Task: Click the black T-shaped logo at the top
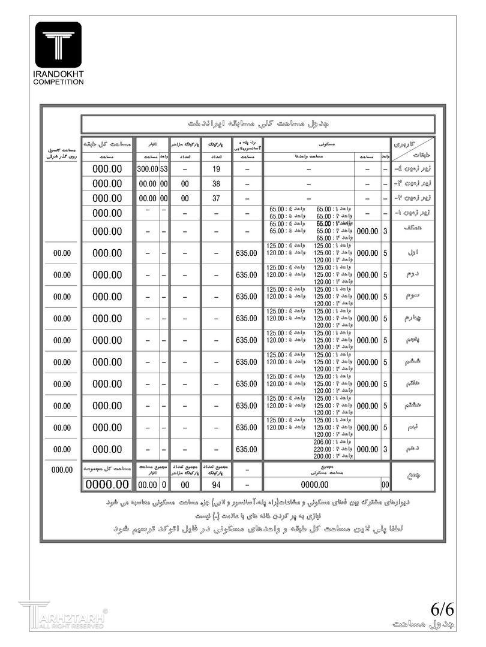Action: pyautogui.click(x=58, y=44)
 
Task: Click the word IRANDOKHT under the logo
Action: pyautogui.click(x=58, y=74)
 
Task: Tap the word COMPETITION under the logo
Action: pyautogui.click(x=58, y=81)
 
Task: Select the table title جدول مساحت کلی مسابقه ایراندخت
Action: pyautogui.click(x=258, y=124)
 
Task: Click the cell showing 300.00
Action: pyautogui.click(x=147, y=170)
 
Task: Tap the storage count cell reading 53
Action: pyautogui.click(x=164, y=170)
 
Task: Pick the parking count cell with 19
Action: pyautogui.click(x=217, y=170)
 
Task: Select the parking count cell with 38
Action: pyautogui.click(x=217, y=184)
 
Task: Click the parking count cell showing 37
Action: pyautogui.click(x=217, y=198)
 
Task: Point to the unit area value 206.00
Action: pyautogui.click(x=325, y=442)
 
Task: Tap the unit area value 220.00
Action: pyautogui.click(x=325, y=449)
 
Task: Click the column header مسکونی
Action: pyautogui.click(x=327, y=144)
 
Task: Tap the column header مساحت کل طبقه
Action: pyautogui.click(x=107, y=144)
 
